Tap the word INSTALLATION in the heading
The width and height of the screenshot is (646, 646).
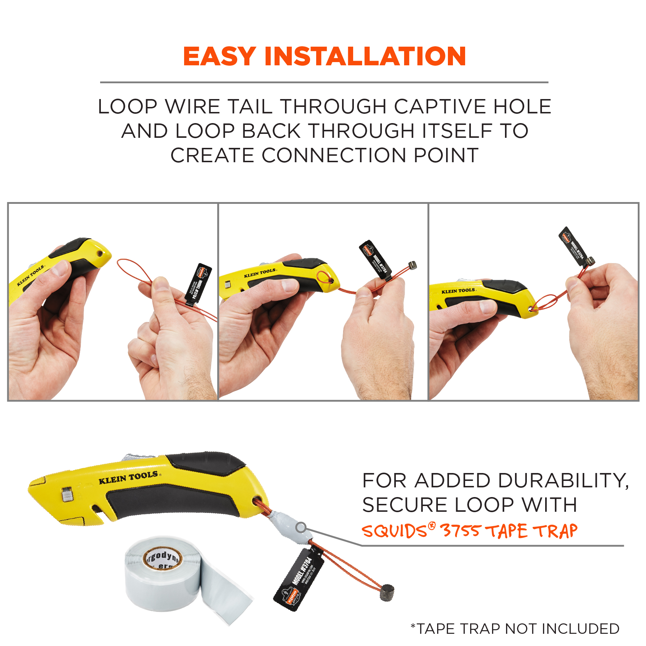pyautogui.click(x=365, y=56)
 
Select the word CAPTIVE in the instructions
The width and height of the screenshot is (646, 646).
pyautogui.click(x=440, y=107)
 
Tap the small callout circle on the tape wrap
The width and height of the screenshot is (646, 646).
pyautogui.click(x=301, y=528)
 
